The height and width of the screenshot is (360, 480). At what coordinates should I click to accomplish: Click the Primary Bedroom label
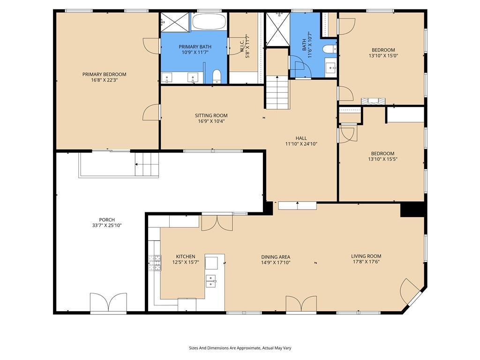tap(104, 75)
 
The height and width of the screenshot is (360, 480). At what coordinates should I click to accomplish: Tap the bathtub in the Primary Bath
tap(210, 22)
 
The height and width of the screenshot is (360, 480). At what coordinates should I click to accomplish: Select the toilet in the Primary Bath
tap(217, 76)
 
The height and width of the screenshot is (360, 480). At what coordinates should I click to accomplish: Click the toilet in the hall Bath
tap(330, 49)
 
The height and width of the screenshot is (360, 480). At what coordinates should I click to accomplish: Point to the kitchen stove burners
tap(155, 263)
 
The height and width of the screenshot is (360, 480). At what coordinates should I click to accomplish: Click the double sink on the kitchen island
tap(211, 281)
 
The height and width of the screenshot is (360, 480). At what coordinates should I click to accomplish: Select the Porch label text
tap(107, 220)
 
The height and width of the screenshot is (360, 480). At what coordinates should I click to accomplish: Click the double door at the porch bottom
tap(108, 302)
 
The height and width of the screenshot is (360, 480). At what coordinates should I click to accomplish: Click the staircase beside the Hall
tap(277, 92)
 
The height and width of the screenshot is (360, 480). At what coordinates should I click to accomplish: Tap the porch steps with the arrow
tap(147, 165)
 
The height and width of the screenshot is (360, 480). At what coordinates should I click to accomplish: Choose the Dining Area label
tap(276, 257)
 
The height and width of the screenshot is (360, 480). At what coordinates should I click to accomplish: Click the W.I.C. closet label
tap(242, 46)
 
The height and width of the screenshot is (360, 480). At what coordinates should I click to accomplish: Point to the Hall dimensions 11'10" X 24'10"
tap(301, 143)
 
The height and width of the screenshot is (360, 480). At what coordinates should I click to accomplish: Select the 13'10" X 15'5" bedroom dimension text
tap(382, 159)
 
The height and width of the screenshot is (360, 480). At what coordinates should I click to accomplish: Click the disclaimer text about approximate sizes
tap(240, 348)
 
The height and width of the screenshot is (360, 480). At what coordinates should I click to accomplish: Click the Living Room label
tap(366, 256)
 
